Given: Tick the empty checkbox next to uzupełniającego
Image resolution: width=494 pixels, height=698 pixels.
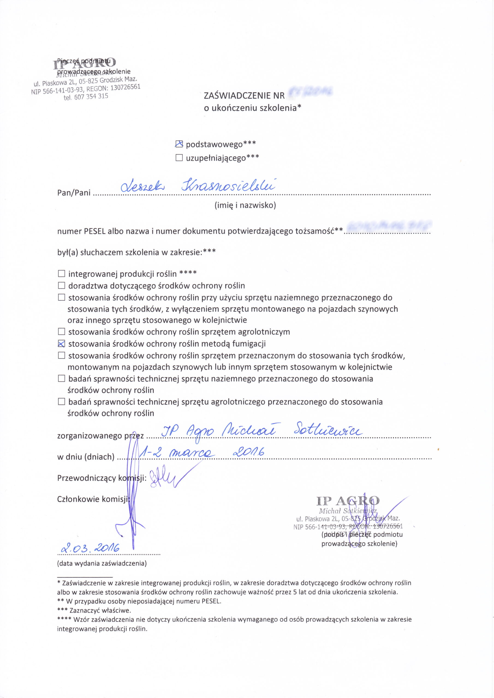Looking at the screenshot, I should pyautogui.click(x=179, y=158).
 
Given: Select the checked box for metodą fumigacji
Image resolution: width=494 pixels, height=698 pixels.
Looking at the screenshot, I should pyautogui.click(x=61, y=344).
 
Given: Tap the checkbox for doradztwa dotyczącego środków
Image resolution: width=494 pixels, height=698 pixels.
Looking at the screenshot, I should pyautogui.click(x=61, y=285).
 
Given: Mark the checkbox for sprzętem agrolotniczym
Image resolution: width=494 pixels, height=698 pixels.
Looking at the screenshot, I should pyautogui.click(x=61, y=331).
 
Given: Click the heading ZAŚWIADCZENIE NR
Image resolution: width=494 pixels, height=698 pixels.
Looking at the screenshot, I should pyautogui.click(x=244, y=96).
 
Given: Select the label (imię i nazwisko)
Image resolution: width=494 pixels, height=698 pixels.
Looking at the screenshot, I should pyautogui.click(x=245, y=206).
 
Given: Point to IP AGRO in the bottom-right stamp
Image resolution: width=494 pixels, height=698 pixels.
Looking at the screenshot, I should pyautogui.click(x=348, y=501).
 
